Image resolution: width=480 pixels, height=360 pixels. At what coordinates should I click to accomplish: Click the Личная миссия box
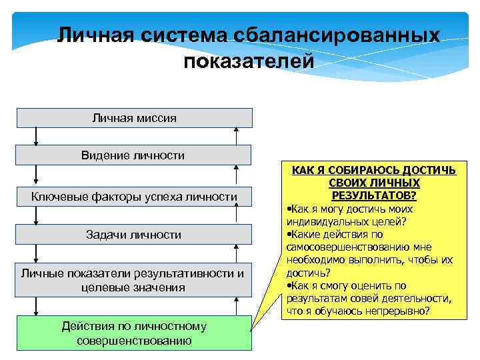tap(134, 118)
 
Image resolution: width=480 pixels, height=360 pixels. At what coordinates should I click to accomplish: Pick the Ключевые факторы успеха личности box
tap(134, 197)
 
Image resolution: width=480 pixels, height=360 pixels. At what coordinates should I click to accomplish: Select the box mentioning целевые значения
tap(133, 280)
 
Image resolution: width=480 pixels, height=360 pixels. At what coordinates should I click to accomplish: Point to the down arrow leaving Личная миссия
tap(37, 136)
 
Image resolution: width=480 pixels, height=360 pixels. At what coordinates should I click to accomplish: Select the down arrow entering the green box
tap(37, 307)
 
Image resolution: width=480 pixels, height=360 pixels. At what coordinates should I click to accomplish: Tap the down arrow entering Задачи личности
tap(37, 216)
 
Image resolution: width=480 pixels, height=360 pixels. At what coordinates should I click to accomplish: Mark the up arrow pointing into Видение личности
tap(235, 175)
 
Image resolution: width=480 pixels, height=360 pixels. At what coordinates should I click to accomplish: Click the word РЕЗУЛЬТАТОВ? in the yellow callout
tap(374, 195)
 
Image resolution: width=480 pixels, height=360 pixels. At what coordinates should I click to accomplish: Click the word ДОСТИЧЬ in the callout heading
tap(428, 171)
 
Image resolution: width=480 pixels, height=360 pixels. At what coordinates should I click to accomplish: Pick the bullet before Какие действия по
tap(287, 235)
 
